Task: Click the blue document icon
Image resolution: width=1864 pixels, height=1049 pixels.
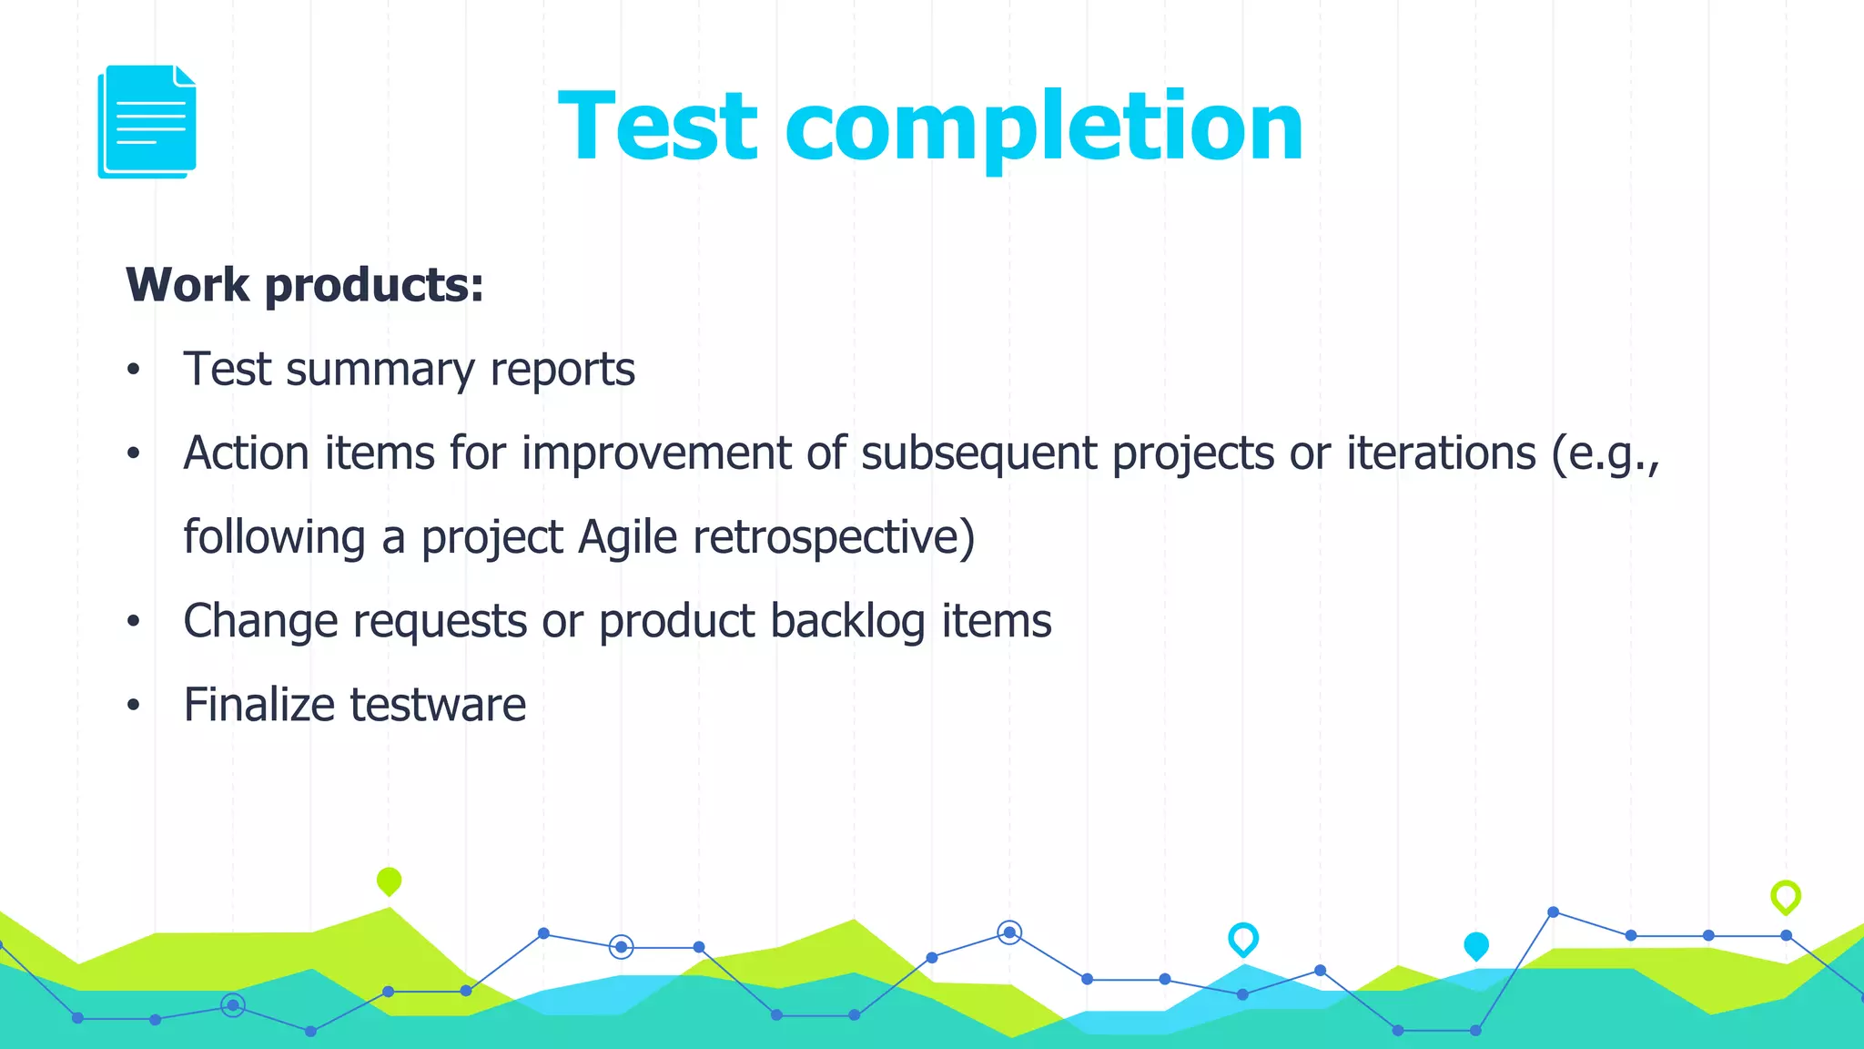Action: (x=147, y=122)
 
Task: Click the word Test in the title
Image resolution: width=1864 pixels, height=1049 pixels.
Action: (x=657, y=127)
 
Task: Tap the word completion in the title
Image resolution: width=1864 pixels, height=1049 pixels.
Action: (x=1044, y=127)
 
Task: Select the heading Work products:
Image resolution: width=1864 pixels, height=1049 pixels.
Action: (x=305, y=285)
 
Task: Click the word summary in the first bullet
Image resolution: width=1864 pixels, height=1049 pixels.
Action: (x=380, y=371)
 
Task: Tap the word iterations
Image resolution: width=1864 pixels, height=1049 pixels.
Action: (x=1441, y=453)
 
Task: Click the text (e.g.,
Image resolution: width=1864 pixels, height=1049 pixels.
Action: (x=1606, y=453)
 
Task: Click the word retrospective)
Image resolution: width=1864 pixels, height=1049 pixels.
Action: (x=834, y=537)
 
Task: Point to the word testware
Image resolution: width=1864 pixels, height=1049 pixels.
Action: (x=438, y=705)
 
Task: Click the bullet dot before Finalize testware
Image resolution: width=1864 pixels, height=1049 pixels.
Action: (x=134, y=706)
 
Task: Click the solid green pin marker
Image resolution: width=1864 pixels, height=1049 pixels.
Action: (x=389, y=881)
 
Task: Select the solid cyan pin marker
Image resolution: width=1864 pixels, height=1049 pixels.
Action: (x=1475, y=946)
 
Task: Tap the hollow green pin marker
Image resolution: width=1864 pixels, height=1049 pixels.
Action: (x=1785, y=896)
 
